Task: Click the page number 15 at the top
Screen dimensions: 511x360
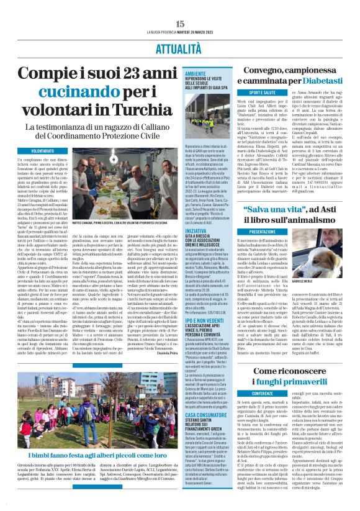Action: coord(180,24)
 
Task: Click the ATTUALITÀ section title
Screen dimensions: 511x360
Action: coord(180,48)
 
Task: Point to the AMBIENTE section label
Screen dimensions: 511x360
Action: coord(204,73)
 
